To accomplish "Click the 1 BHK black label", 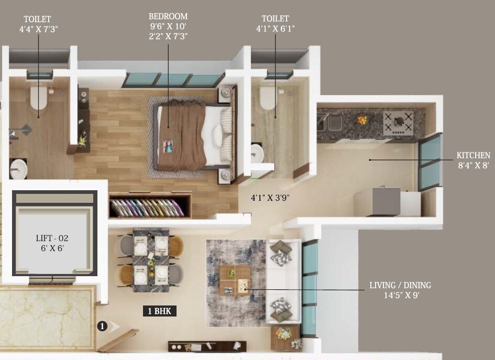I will click(x=160, y=311).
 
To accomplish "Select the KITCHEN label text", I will click(x=473, y=155).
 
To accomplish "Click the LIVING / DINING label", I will click(x=400, y=286).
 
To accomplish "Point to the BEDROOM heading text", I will click(x=168, y=17).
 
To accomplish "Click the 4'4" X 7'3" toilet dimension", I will click(x=38, y=29).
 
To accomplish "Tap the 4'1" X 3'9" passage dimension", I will click(x=271, y=198).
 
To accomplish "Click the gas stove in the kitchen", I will click(x=398, y=123).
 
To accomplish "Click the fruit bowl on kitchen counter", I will click(x=362, y=120).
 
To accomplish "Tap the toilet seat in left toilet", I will click(x=39, y=97).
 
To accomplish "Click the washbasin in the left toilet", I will click(x=18, y=168).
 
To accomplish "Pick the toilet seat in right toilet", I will click(x=268, y=97).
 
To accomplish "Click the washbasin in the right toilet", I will click(x=256, y=154).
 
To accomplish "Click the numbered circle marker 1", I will click(x=102, y=326).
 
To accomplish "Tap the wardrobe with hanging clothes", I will click(x=150, y=206).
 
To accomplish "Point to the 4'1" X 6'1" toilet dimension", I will click(x=276, y=29).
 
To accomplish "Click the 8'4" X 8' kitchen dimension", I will click(x=473, y=165).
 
